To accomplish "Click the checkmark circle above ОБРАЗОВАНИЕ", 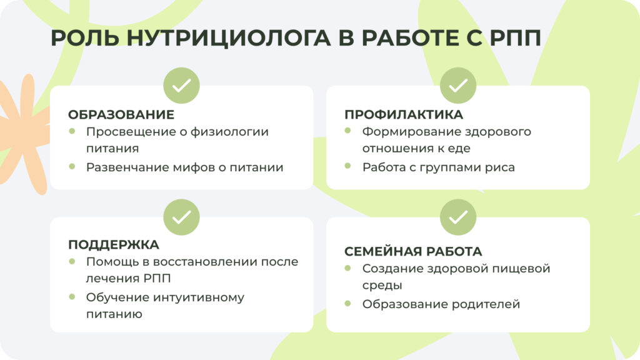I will (x=181, y=86).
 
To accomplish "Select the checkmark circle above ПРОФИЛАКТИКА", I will (x=458, y=86).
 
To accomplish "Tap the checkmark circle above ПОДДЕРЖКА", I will (x=181, y=217).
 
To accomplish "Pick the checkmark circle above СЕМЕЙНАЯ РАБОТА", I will (x=458, y=217).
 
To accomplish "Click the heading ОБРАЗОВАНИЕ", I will (x=121, y=115).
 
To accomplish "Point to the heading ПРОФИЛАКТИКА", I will (x=404, y=115).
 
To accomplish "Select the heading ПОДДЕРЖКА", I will (x=114, y=244).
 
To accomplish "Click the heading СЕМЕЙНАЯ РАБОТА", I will (x=413, y=251).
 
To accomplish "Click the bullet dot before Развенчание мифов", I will (x=72, y=166).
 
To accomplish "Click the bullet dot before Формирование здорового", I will (x=348, y=131).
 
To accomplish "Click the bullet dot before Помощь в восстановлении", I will (x=72, y=261).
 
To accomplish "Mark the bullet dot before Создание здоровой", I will (x=348, y=268).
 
